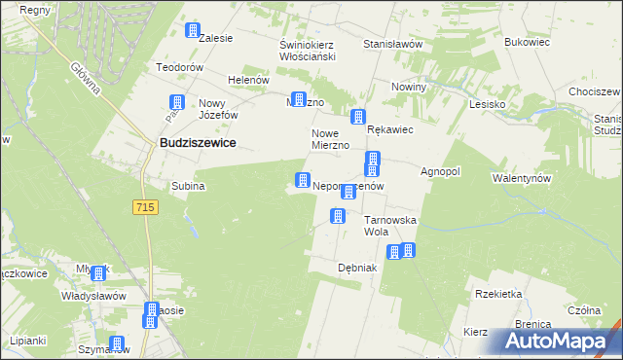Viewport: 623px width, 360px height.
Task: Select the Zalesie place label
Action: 215,39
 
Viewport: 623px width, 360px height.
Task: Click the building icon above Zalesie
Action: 193,30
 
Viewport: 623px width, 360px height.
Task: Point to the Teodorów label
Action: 179,68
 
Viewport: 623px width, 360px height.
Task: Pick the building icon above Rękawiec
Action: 358,117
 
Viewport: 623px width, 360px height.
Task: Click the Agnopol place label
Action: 440,171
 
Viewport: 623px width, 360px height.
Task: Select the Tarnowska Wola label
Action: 390,226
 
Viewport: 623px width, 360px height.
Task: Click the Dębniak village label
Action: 356,268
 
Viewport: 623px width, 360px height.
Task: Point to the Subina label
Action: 188,185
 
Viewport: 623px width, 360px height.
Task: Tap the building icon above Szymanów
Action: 117,343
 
